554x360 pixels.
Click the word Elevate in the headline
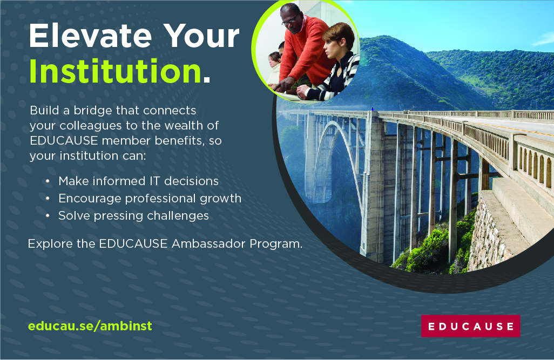pyautogui.click(x=89, y=37)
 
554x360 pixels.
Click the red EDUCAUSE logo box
pyautogui.click(x=470, y=326)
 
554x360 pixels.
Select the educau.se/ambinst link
pyautogui.click(x=90, y=326)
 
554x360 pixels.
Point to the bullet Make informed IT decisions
pyautogui.click(x=138, y=181)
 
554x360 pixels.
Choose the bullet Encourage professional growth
pyautogui.click(x=150, y=199)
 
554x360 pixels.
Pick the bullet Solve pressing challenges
pyautogui.click(x=133, y=216)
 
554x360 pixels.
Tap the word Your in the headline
pyautogui.click(x=202, y=37)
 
